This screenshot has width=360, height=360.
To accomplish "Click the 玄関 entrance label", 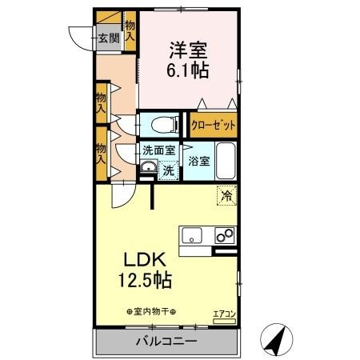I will pos(110,37).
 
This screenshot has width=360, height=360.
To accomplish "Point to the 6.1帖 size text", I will pos(189,71).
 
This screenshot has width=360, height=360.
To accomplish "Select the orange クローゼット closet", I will pos(212,126).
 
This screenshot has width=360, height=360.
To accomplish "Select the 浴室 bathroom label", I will pos(198,161).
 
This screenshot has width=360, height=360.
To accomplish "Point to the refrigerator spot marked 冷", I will pos(226,194).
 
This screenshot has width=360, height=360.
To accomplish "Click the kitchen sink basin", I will pos(193,235).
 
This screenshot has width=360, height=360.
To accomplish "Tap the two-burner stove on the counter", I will pos(225,235).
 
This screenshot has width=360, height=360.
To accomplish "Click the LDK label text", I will pos(143,261).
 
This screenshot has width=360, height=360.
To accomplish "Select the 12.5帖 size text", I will pos(145,282).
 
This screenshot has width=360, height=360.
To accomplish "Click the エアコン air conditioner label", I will pos(223,314).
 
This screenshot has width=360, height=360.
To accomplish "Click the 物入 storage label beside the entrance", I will pos(130,32).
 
